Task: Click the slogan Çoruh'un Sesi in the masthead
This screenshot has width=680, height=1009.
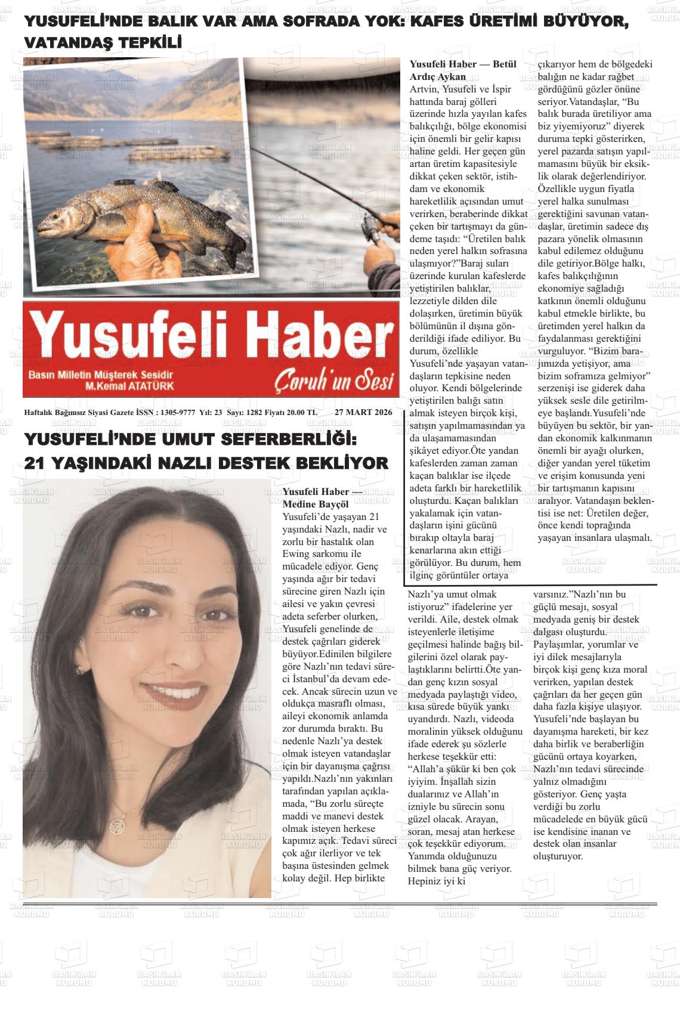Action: tap(335, 381)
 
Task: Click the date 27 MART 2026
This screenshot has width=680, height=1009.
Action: tap(363, 412)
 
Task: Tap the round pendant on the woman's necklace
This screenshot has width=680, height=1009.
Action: tap(115, 825)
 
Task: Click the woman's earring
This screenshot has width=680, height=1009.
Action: tap(79, 670)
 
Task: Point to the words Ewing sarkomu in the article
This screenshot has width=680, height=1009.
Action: tap(322, 554)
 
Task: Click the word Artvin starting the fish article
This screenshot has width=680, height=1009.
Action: tap(424, 89)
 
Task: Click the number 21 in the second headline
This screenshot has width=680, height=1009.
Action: tap(36, 463)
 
